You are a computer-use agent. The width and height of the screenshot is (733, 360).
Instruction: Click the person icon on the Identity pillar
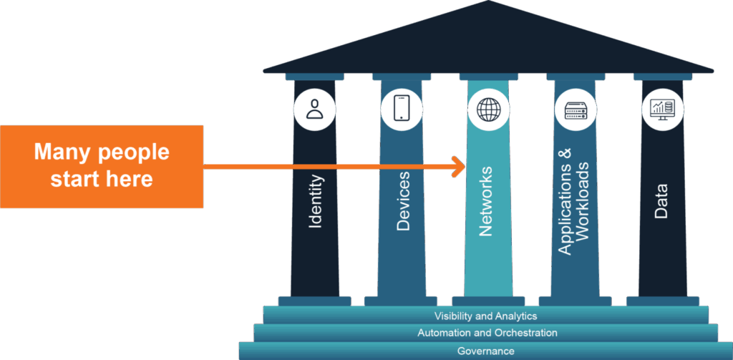click(314, 109)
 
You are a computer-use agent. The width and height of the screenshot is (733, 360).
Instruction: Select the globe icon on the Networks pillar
click(488, 110)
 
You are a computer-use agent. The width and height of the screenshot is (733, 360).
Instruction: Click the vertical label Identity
click(316, 202)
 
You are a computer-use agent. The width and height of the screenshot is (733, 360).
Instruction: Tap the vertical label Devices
click(403, 201)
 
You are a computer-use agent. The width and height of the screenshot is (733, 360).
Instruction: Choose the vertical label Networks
click(486, 201)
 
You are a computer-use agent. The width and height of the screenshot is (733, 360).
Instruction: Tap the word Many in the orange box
click(62, 152)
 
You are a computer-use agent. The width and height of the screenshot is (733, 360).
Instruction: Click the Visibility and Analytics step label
click(485, 316)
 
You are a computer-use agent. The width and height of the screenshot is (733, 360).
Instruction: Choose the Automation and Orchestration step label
click(487, 333)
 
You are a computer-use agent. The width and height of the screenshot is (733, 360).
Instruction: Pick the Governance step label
click(486, 351)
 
